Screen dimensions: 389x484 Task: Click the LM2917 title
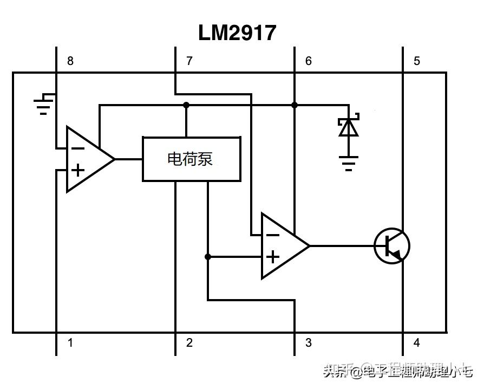tap(237, 33)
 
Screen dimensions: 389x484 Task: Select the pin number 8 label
tap(70, 61)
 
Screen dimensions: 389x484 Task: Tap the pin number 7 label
tap(189, 61)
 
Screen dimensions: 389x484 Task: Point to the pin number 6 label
tap(309, 61)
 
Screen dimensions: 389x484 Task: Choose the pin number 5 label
tap(417, 61)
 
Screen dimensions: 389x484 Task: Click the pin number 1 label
tap(70, 342)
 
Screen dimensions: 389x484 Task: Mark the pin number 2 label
tap(189, 342)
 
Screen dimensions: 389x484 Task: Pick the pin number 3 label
tap(309, 342)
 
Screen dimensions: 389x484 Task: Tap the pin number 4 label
tap(417, 342)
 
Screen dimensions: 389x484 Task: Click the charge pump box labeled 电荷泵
tap(191, 159)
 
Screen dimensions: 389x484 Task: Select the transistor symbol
tap(392, 246)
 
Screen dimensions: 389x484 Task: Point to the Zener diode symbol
tap(348, 127)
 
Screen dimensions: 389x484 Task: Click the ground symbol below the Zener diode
tap(348, 163)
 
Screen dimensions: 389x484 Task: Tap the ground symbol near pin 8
tap(43, 105)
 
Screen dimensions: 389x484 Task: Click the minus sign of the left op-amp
tap(78, 148)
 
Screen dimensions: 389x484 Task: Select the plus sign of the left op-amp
tap(78, 170)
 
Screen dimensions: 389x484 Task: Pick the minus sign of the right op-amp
tap(273, 235)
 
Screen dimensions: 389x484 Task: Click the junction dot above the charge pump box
tap(186, 105)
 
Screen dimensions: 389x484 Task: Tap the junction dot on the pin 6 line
tap(295, 105)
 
